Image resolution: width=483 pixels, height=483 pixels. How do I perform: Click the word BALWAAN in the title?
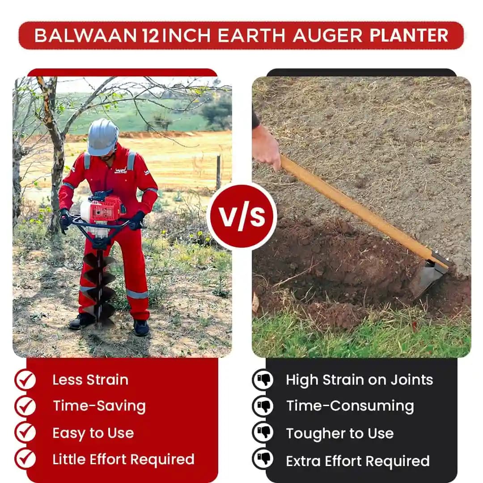[x=85, y=36]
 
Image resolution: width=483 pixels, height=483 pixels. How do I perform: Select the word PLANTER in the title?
[x=409, y=36]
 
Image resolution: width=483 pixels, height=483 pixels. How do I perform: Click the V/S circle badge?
[x=241, y=216]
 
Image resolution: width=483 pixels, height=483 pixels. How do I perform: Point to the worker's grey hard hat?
[x=103, y=136]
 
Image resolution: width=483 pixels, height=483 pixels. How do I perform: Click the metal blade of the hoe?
[x=428, y=277]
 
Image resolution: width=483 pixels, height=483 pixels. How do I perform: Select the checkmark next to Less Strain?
[x=25, y=380]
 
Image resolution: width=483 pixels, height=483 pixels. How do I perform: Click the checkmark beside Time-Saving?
[x=25, y=406]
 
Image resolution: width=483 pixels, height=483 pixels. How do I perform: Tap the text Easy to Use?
[x=93, y=433]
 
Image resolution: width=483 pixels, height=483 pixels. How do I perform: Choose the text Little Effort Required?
[x=123, y=459]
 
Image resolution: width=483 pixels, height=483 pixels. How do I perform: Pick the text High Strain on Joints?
[x=360, y=380]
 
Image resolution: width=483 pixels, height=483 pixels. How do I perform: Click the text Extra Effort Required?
[x=358, y=461]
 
